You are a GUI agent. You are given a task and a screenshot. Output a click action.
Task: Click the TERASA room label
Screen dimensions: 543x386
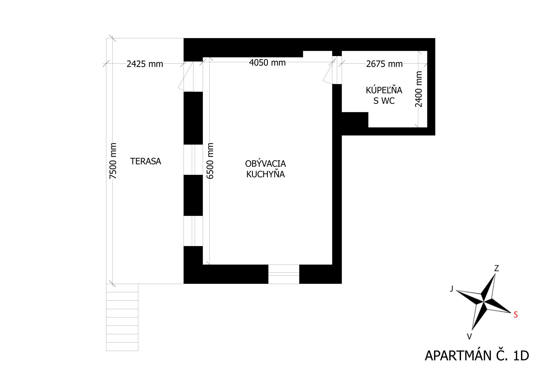pos(145,161)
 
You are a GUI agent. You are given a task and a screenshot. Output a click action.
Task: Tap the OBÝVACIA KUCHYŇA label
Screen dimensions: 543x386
pos(265,169)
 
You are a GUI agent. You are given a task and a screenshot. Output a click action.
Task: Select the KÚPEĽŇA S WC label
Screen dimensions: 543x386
pos(384,96)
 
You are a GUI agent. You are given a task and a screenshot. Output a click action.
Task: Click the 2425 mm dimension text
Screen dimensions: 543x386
pos(145,64)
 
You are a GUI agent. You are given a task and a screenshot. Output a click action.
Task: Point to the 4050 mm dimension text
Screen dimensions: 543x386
pos(267,62)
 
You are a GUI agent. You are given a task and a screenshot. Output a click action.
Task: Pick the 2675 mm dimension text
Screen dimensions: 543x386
pos(384,64)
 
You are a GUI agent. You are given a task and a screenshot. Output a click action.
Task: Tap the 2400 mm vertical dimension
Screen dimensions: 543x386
pos(419,89)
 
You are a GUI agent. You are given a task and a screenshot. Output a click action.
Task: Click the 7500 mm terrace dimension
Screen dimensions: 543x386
pos(113,161)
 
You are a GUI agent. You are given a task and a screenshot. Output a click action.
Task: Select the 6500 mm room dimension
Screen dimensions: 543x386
pos(210,161)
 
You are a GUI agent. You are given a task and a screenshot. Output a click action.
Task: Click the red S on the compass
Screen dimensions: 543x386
pos(516,315)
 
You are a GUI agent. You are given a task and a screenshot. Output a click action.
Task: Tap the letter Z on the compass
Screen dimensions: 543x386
pos(496,268)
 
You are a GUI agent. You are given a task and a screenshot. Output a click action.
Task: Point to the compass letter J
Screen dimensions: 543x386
pos(452,289)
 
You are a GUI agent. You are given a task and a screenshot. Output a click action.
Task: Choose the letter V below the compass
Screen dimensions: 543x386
pos(469,336)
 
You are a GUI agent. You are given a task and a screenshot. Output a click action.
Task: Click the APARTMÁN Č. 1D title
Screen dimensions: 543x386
pos(477,356)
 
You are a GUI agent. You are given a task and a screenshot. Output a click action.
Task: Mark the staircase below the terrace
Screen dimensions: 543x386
pos(122,317)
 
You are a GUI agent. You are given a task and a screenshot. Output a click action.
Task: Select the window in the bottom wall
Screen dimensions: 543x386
pos(284,274)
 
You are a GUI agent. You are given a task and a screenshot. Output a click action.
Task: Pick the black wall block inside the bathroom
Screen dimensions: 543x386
pos(355,120)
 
